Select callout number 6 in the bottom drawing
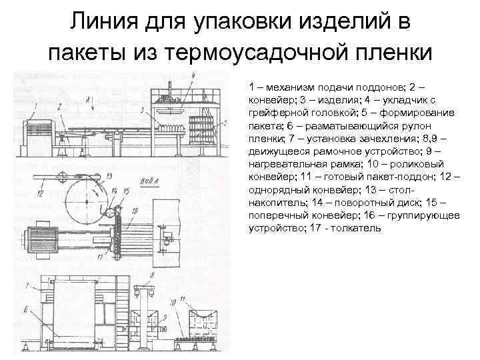pyautogui.click(x=26, y=309)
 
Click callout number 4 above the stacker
pyautogui.click(x=193, y=76)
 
